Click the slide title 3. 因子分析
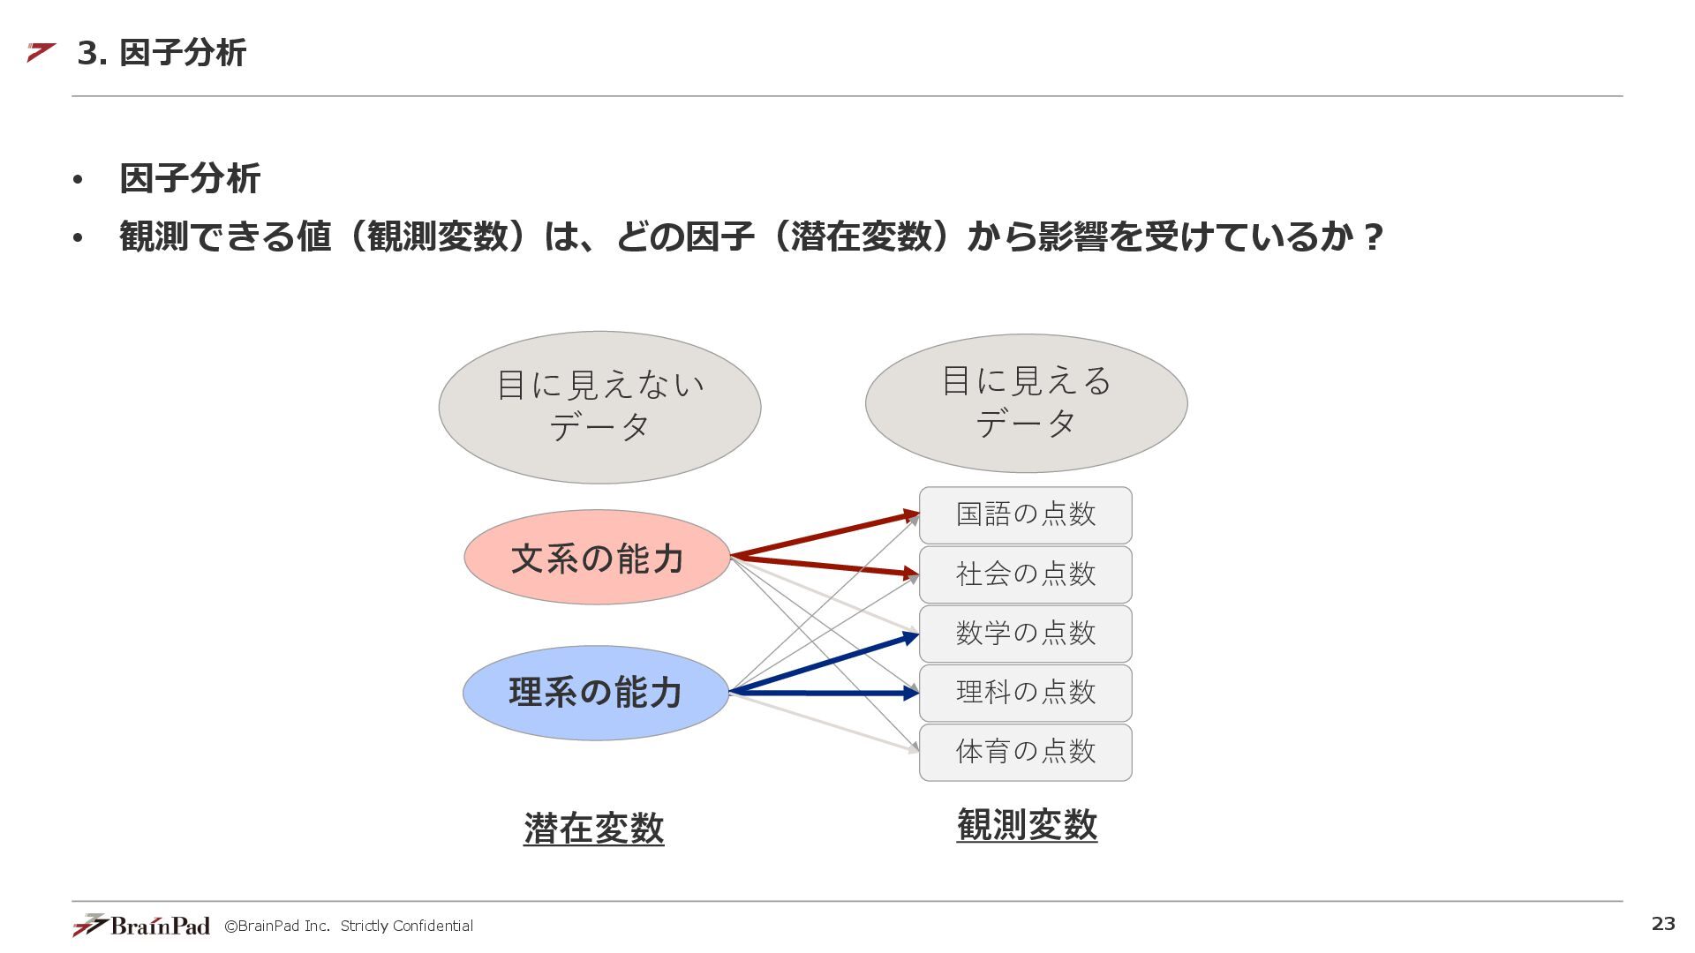[162, 53]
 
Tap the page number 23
[1663, 923]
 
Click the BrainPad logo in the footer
[141, 925]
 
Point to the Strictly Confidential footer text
[406, 926]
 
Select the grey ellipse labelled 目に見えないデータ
[599, 407]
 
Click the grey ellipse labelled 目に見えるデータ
[1026, 403]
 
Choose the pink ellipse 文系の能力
[597, 558]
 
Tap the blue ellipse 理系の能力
[596, 693]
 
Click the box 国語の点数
[1025, 514]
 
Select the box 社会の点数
[1025, 574]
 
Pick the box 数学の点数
[1025, 634]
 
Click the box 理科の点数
[1025, 693]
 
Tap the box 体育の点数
[1025, 752]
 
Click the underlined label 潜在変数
[593, 828]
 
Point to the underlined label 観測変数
[1027, 825]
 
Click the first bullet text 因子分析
[190, 179]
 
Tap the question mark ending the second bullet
[1372, 236]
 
